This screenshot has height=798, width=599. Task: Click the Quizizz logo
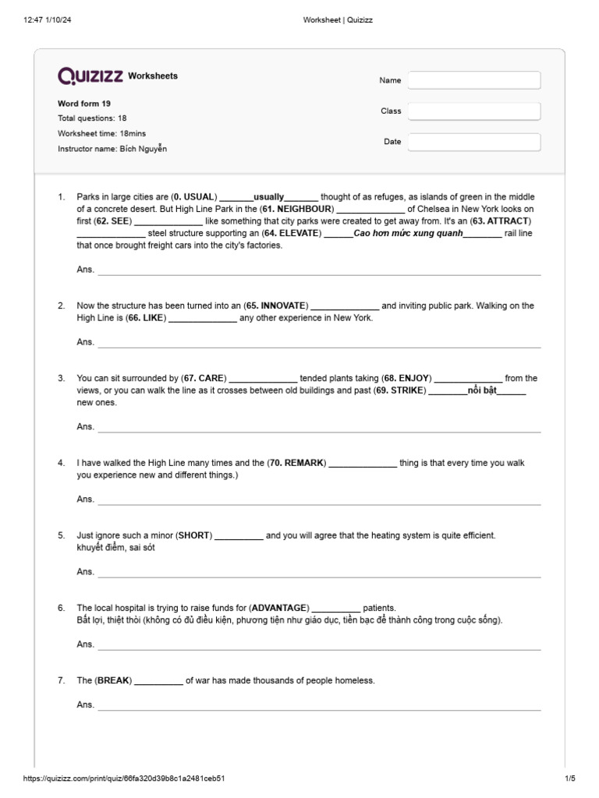coord(90,76)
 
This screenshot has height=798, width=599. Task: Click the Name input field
coord(474,80)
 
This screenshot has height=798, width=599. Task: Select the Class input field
coord(474,111)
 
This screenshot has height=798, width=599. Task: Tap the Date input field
coord(474,142)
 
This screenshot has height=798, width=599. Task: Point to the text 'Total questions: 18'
coord(92,118)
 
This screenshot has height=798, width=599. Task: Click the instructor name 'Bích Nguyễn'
coord(143,148)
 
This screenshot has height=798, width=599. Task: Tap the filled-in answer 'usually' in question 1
coord(269,197)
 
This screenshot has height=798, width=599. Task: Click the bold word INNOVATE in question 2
coord(283,305)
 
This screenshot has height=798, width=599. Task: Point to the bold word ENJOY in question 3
coord(413,378)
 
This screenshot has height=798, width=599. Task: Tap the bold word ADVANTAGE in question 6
coord(280,608)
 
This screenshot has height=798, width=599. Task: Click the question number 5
coord(61,535)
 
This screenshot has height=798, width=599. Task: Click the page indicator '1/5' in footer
coord(569,779)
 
